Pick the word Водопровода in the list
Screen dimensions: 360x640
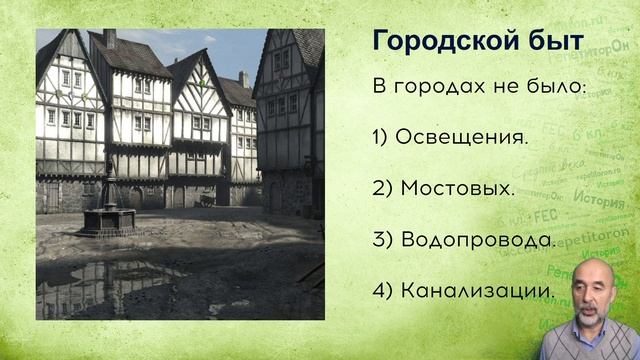pyautogui.click(x=478, y=240)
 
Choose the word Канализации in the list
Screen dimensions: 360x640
pyautogui.click(x=478, y=291)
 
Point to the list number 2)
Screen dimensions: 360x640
pyautogui.click(x=381, y=188)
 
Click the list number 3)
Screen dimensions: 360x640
pyautogui.click(x=381, y=240)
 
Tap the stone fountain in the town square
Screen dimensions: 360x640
pyautogui.click(x=108, y=215)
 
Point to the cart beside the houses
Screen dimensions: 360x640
pyautogui.click(x=207, y=198)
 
